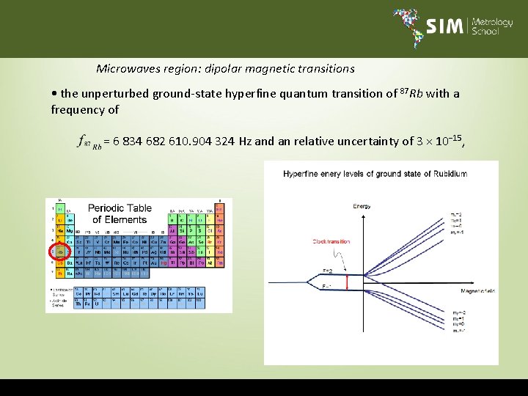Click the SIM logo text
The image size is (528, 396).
445,27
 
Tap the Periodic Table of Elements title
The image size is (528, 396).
120,213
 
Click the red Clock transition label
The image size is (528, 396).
331,241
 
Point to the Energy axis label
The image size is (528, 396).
362,206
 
